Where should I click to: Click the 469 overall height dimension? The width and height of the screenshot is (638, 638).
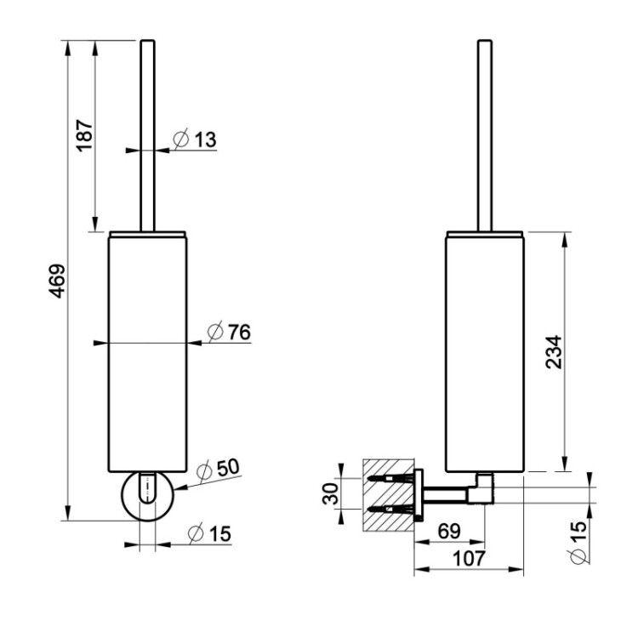pyautogui.click(x=57, y=281)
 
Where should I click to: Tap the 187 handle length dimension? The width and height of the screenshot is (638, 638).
pyautogui.click(x=84, y=135)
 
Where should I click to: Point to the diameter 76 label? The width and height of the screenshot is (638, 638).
pyautogui.click(x=229, y=332)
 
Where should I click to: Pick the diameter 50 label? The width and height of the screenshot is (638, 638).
pyautogui.click(x=218, y=469)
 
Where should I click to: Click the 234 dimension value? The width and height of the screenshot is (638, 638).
pyautogui.click(x=554, y=352)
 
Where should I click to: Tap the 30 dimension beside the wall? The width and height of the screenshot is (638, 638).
pyautogui.click(x=330, y=493)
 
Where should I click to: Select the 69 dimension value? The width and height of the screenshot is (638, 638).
pyautogui.click(x=449, y=531)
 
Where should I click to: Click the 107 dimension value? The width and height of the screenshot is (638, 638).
pyautogui.click(x=469, y=558)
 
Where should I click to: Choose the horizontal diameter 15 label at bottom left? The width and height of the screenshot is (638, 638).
pyautogui.click(x=209, y=533)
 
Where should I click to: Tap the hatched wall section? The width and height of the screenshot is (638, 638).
pyautogui.click(x=388, y=495)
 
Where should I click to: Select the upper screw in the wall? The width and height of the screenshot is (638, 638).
pyautogui.click(x=390, y=478)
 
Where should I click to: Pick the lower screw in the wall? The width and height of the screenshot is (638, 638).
pyautogui.click(x=390, y=509)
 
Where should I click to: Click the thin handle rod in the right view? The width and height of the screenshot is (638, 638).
pyautogui.click(x=485, y=135)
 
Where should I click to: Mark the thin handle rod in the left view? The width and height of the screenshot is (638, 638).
pyautogui.click(x=147, y=135)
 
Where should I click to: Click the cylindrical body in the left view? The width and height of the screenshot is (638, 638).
pyautogui.click(x=147, y=352)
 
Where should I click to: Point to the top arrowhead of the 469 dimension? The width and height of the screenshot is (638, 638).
pyautogui.click(x=67, y=48)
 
